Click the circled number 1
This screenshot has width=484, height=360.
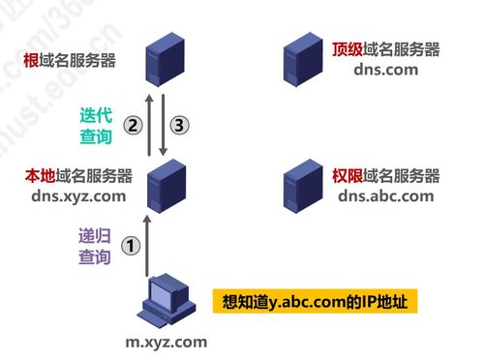[x=133, y=246]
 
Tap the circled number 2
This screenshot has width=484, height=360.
[x=134, y=125]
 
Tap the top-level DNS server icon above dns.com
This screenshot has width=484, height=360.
[x=300, y=60]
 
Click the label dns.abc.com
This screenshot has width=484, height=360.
[x=386, y=196]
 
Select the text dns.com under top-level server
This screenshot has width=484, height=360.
[x=386, y=70]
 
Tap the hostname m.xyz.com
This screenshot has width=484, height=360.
[x=166, y=342]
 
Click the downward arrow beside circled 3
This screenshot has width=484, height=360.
[x=166, y=123]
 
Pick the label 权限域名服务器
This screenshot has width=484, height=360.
[x=385, y=177]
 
